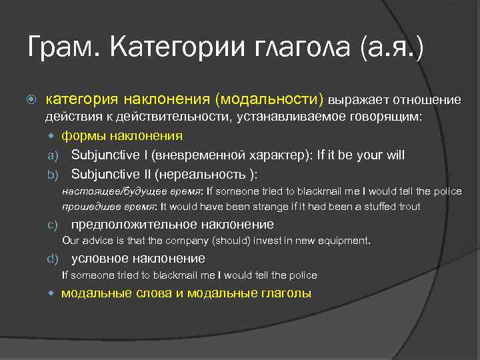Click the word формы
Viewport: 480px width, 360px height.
80,136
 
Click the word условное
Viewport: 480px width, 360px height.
97,259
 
